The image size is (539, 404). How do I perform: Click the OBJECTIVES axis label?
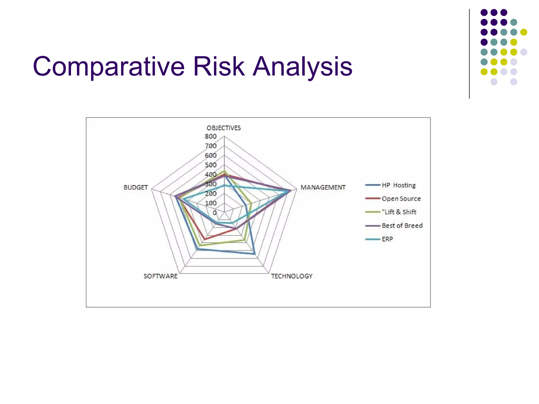pos(224,128)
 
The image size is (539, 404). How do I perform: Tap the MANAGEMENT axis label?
pos(323,188)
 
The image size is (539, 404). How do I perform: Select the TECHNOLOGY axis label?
pos(292,276)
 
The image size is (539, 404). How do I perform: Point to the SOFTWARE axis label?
pos(161,276)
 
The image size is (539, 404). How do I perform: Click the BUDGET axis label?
pos(136,188)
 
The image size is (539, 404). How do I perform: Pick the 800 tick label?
pos(211,137)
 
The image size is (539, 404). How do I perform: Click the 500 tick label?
pos(211,165)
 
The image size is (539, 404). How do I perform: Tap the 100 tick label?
pos(211,203)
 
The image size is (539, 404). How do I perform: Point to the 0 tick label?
pos(215,213)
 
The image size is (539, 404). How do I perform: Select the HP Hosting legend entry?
pos(398,185)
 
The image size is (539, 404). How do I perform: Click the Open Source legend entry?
pos(401,199)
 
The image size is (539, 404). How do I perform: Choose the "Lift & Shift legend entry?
pos(399,212)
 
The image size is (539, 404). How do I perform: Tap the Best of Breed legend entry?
pos(402,226)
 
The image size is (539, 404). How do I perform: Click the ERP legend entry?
pos(387,239)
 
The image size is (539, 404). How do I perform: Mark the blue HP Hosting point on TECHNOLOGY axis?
pos(254,254)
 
